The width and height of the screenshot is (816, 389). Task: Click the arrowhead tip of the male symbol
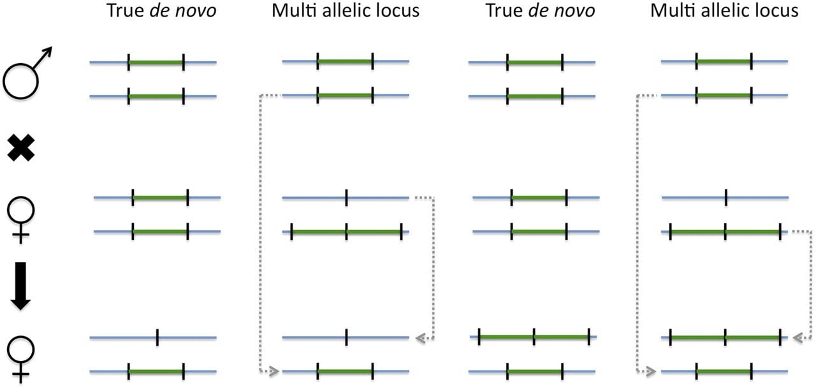coord(52,47)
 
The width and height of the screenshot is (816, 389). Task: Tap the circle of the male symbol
coord(20,81)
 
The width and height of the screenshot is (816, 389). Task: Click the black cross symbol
coord(21,147)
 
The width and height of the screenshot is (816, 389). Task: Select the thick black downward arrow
coord(21,286)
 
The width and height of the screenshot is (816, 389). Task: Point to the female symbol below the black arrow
coord(21,360)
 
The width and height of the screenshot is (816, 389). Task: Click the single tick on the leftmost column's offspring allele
coord(157,337)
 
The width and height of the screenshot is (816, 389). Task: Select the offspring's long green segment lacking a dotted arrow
coord(534,337)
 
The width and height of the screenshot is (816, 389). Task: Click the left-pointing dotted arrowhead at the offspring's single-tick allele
coord(421,339)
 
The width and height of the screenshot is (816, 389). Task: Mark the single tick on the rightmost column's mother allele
coord(726,198)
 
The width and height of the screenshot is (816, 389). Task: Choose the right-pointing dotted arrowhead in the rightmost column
coord(651,372)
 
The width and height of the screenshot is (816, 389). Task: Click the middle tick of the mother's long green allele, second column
coord(346,231)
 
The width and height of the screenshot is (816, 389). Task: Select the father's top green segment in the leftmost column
coord(156,62)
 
